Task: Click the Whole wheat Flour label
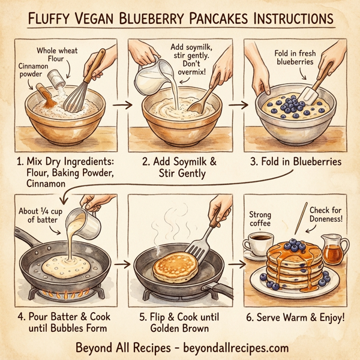point(58,55)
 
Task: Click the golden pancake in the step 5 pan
point(175,268)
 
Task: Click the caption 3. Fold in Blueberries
point(297,163)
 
